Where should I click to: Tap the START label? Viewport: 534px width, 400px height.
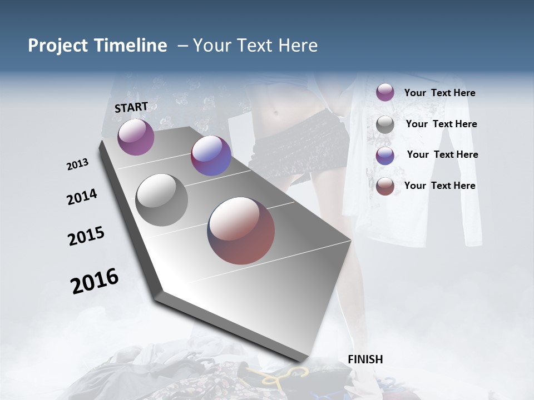click(x=131, y=107)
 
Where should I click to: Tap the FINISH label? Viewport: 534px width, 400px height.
click(x=365, y=359)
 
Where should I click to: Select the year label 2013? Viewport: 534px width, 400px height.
click(x=77, y=164)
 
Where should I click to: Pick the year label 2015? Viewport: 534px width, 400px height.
click(x=86, y=236)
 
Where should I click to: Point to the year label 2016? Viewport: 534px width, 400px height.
click(x=95, y=281)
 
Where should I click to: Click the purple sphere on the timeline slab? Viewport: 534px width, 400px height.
click(x=136, y=137)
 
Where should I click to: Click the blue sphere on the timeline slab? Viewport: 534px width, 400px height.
click(x=211, y=156)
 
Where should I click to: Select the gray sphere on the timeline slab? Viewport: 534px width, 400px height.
click(x=161, y=200)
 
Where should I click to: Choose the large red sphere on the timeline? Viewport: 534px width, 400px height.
click(x=241, y=231)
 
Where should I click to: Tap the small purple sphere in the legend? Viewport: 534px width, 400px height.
click(x=385, y=92)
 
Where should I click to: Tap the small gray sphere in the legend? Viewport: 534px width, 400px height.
click(x=385, y=124)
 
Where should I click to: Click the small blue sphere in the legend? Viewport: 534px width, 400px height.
click(x=385, y=156)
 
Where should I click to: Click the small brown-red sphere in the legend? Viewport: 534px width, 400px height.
click(x=385, y=187)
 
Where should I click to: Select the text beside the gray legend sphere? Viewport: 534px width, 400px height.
click(x=441, y=124)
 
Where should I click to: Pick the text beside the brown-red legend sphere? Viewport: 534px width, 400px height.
click(x=439, y=186)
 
